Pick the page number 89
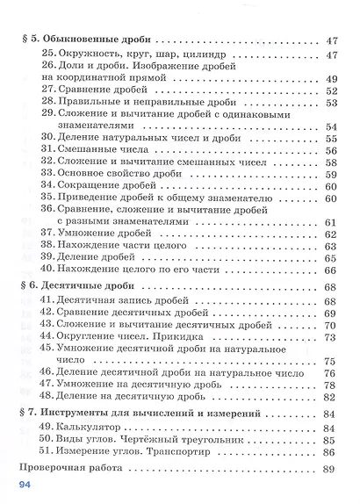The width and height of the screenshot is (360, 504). [x=330, y=470]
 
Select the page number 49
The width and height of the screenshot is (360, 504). [x=331, y=79]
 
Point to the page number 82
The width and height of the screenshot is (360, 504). [x=330, y=396]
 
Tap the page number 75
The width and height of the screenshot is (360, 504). [x=331, y=360]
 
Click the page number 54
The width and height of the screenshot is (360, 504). [x=331, y=126]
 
